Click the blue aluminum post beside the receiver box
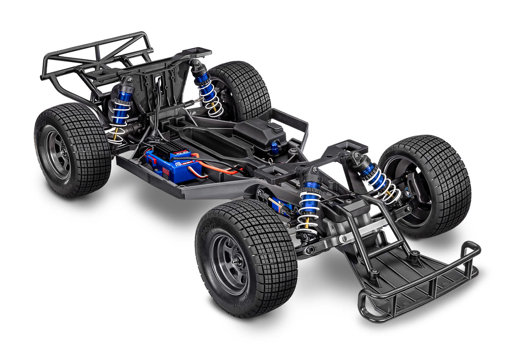click(275, 147)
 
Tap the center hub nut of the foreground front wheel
click(236, 263)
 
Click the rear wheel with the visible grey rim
click(71, 151)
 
